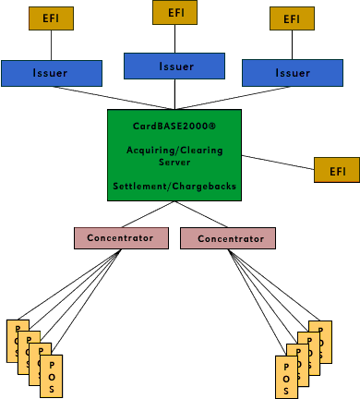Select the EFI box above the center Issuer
click(175, 12)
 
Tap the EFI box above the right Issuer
click(292, 18)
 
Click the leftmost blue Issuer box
click(51, 72)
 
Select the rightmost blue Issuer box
click(291, 72)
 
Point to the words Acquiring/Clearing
click(174, 147)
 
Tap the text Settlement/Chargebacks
click(174, 186)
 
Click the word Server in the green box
click(174, 161)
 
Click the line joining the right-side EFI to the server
click(278, 163)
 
